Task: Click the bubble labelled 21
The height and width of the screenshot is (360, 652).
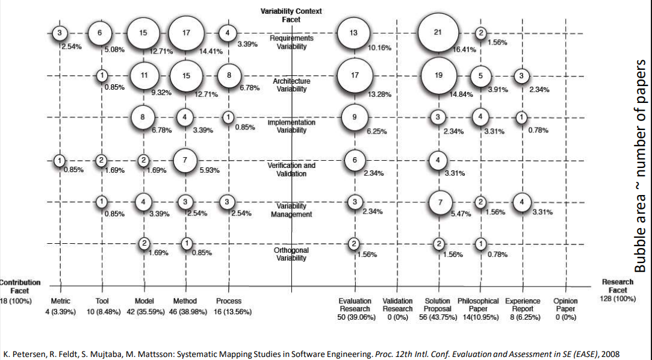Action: (438, 33)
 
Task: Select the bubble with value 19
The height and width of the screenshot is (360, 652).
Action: (438, 76)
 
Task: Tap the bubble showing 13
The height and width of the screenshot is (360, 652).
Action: (355, 33)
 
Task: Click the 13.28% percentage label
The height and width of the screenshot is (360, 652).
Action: (380, 94)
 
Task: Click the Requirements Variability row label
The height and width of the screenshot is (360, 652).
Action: (291, 42)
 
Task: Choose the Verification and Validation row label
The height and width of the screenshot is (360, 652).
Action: (291, 169)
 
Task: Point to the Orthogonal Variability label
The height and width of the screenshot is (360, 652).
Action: (291, 254)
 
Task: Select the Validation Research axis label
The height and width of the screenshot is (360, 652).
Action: (398, 305)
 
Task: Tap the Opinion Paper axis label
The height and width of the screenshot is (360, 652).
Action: (565, 305)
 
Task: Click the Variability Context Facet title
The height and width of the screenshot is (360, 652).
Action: (291, 15)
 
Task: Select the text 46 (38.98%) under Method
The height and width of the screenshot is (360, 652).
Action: (185, 312)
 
